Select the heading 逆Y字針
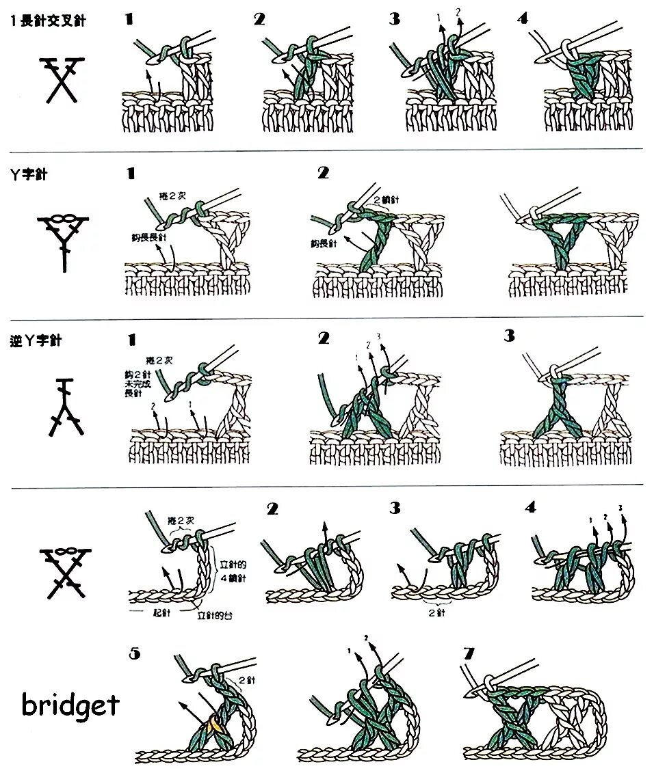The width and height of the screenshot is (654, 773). click(x=36, y=339)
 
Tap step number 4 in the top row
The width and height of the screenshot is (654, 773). click(x=523, y=18)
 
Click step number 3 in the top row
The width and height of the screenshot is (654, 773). click(x=395, y=18)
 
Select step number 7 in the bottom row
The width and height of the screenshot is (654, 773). click(x=469, y=654)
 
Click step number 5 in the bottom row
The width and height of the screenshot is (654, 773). click(x=135, y=654)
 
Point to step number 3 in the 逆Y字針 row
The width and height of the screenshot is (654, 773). click(x=509, y=336)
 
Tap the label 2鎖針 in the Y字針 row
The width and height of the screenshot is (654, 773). click(x=386, y=199)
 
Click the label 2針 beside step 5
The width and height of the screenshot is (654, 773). click(x=247, y=681)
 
